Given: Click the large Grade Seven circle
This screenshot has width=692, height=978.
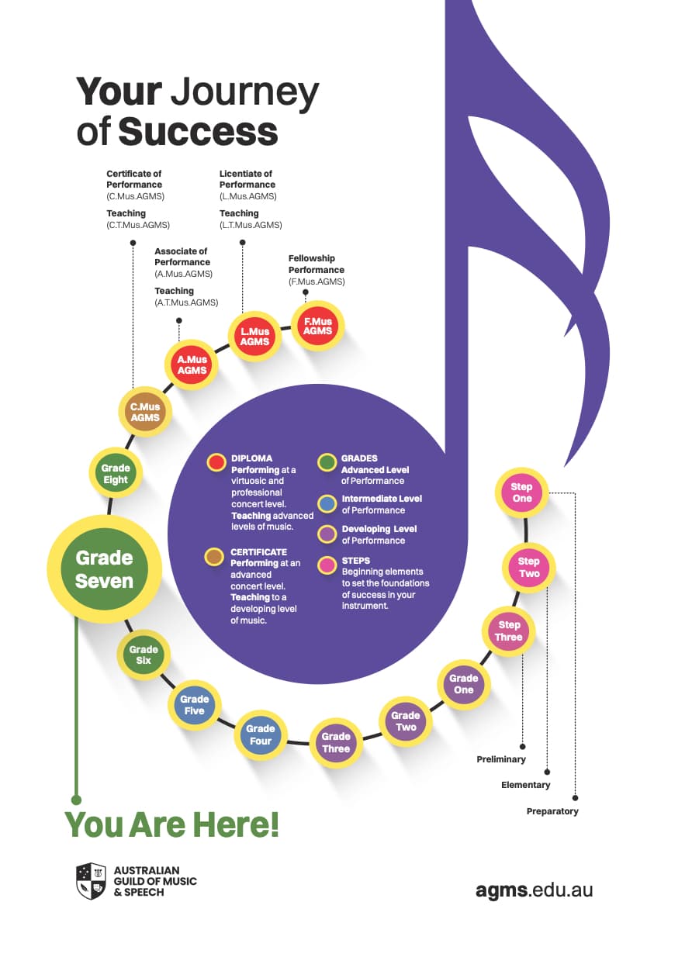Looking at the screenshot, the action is (105, 569).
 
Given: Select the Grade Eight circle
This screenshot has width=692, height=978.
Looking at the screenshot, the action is (116, 474).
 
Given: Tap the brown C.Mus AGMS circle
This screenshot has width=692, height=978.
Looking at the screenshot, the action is (145, 412).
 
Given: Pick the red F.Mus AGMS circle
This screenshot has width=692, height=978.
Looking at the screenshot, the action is (318, 327).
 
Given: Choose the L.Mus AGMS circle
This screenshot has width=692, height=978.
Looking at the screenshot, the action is (255, 337).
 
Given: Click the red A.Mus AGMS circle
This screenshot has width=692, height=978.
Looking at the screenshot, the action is (191, 365).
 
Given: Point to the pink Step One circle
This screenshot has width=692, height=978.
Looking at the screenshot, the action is (522, 492).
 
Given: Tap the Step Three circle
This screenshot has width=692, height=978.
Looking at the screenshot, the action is (509, 631).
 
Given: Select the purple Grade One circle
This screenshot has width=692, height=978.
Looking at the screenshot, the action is (464, 684).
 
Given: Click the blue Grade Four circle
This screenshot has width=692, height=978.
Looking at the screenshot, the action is (261, 734).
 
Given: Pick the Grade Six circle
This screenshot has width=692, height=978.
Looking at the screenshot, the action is (144, 655).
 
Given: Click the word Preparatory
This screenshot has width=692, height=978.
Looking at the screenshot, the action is (552, 811).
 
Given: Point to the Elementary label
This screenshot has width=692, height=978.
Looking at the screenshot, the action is (526, 785).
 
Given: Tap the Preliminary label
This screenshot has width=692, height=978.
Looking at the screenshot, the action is (501, 759).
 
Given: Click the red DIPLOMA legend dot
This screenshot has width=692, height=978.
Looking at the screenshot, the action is (216, 463).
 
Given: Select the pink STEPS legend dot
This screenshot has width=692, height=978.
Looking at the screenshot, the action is (327, 565).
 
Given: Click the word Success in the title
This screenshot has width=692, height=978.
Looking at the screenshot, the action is (199, 131).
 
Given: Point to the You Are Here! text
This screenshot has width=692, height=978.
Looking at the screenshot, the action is (171, 824).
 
